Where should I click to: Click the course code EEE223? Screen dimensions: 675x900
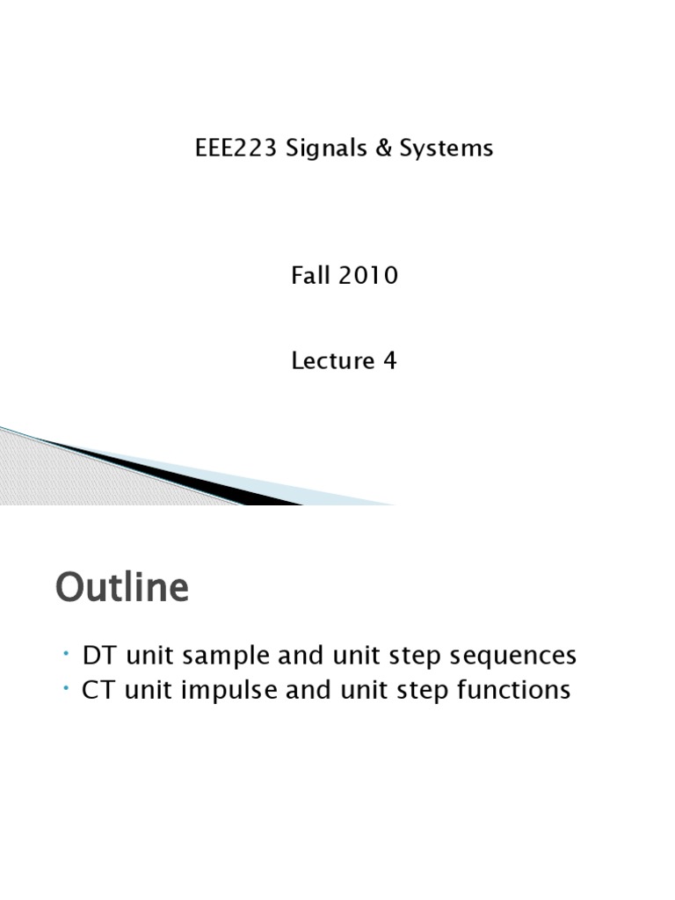coord(229,149)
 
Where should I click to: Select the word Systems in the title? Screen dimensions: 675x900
coord(446,149)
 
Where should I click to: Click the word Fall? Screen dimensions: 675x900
coord(308,276)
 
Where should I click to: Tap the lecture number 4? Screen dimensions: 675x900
coord(389,360)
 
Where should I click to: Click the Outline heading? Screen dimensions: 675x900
coord(122,588)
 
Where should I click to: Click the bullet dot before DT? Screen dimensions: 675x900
coord(67,652)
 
